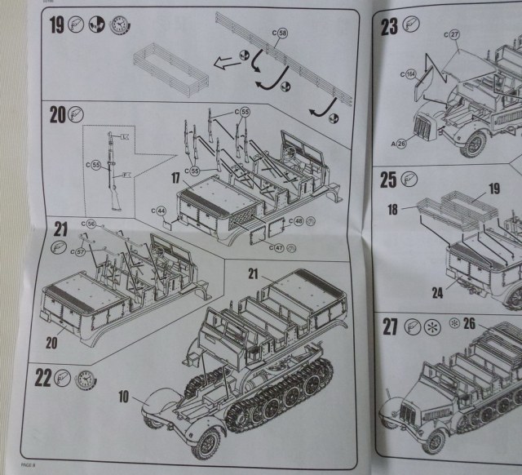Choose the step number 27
390,327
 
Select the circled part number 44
161,211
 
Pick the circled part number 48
298,221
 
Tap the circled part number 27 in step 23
454,34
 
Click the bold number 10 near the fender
122,397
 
